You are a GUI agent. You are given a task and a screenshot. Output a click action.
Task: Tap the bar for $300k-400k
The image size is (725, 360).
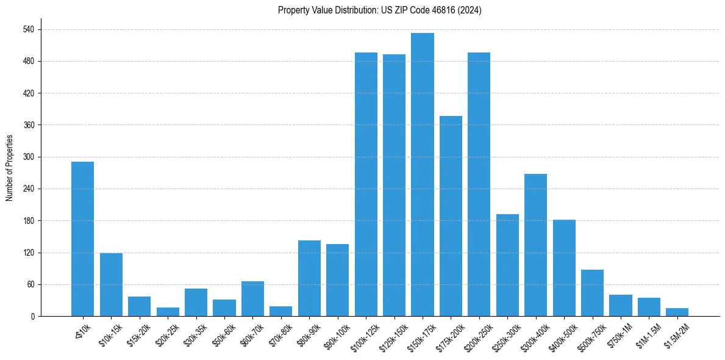pos(535,245)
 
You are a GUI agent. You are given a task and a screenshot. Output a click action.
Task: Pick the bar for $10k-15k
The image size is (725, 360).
pos(111,284)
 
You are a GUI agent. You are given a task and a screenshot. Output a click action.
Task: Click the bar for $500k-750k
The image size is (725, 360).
pos(592,293)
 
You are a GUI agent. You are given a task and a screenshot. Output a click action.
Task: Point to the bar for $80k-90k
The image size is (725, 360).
pos(309,278)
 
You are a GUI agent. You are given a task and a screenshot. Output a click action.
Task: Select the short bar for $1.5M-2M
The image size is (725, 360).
pos(677,312)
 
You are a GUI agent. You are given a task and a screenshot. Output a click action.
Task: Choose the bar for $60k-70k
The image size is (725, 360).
pos(252,298)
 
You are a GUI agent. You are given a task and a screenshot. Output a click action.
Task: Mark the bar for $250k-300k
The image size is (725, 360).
pos(507,265)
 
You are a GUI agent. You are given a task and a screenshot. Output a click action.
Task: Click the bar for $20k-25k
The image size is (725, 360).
pos(168,312)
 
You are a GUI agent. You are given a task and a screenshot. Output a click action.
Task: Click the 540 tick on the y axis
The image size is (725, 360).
pos(28,29)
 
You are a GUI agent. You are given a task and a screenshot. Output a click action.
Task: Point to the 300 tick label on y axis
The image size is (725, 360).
pos(28,157)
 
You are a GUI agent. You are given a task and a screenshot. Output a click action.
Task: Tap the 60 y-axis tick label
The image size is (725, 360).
pos(30,284)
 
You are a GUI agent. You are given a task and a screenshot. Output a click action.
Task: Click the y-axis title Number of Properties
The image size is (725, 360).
pos(9,167)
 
